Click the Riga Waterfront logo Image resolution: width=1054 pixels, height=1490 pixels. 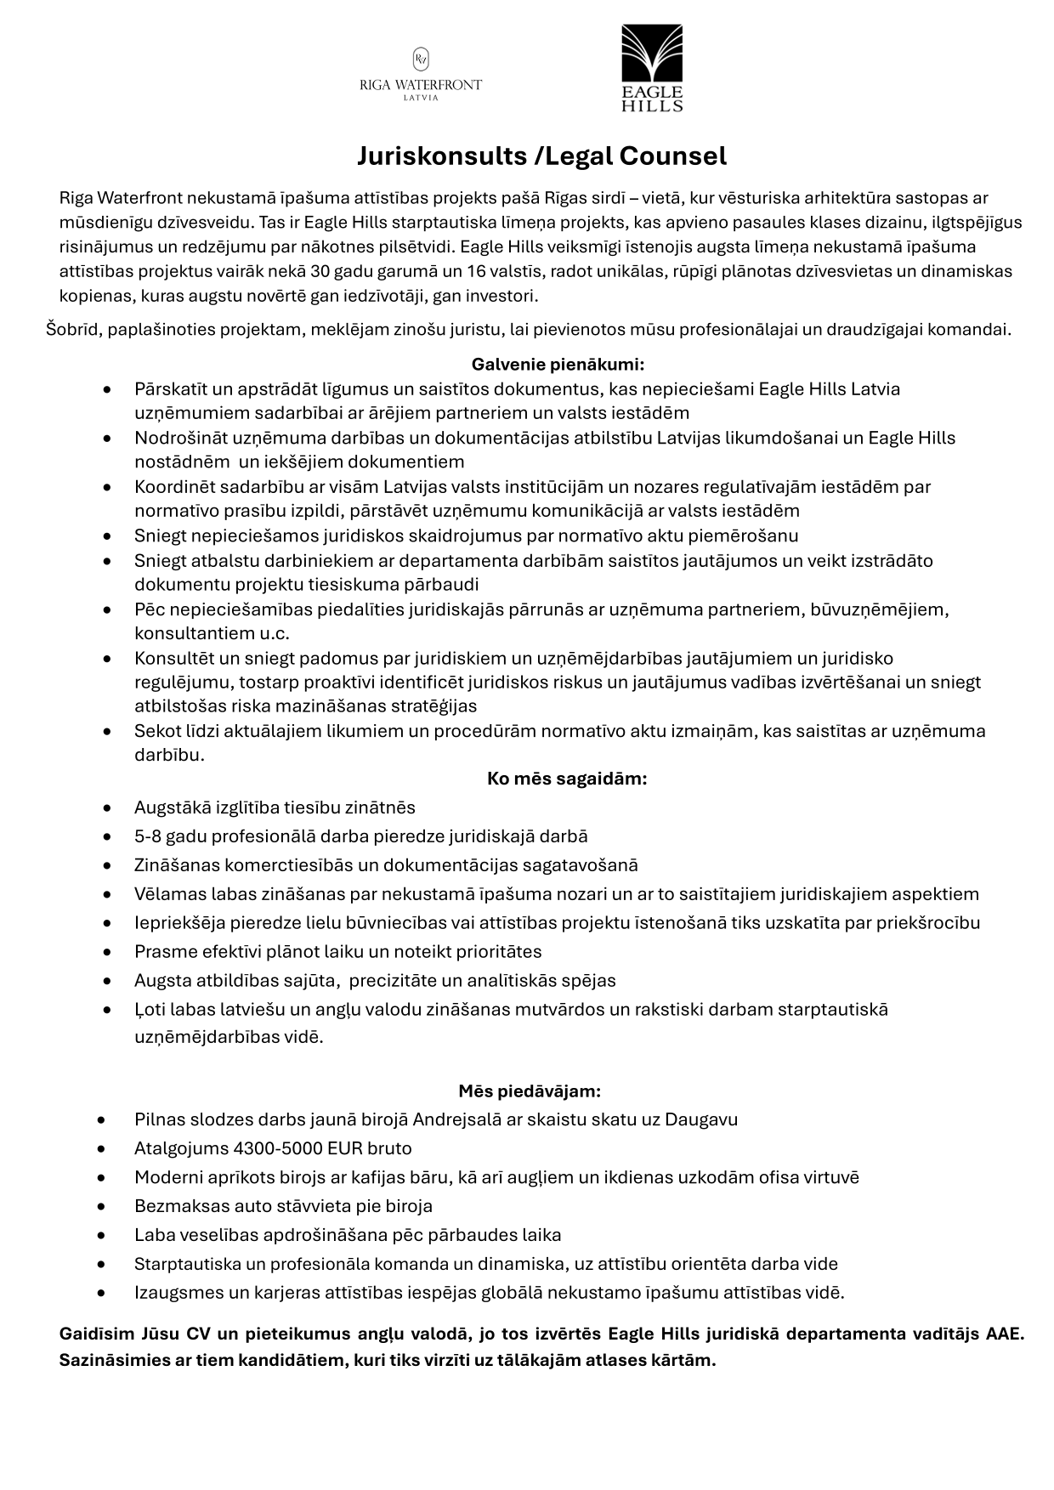pyautogui.click(x=421, y=75)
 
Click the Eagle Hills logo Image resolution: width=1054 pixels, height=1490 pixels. pyautogui.click(x=652, y=68)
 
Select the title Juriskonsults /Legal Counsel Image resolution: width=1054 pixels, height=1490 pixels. pyautogui.click(x=541, y=156)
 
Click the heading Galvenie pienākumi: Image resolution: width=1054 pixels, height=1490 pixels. pyautogui.click(x=558, y=365)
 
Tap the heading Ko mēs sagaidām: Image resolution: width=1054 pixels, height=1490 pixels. pyautogui.click(x=567, y=779)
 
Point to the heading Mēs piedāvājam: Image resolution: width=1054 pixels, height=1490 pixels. pyautogui.click(x=530, y=1091)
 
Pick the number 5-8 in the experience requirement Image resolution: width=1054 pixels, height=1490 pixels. pyautogui.click(x=148, y=836)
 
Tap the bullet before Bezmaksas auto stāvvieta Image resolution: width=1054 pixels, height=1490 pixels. pyautogui.click(x=103, y=1206)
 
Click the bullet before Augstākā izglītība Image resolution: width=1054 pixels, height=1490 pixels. pyautogui.click(x=106, y=807)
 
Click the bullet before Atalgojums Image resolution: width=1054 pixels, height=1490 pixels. pyautogui.click(x=103, y=1148)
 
